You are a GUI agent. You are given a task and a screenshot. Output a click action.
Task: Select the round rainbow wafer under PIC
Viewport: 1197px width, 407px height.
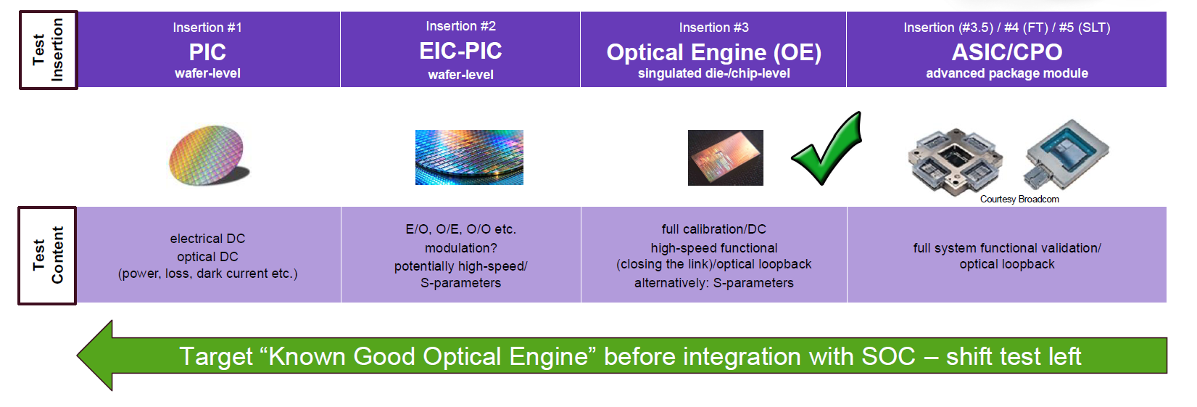click(x=207, y=156)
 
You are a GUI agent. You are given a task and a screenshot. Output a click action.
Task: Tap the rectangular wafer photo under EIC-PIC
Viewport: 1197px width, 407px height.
click(x=469, y=157)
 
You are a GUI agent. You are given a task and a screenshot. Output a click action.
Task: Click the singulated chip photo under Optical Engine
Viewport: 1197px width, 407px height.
click(x=725, y=157)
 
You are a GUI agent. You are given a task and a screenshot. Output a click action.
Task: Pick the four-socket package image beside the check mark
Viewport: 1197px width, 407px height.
click(x=955, y=161)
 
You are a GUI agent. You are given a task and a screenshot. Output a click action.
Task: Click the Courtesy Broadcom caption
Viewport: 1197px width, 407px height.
click(x=1019, y=199)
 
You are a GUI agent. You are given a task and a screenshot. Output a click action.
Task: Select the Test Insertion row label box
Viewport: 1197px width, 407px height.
click(x=49, y=50)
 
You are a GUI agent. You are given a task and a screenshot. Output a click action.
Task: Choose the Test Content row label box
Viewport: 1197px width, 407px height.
click(x=47, y=255)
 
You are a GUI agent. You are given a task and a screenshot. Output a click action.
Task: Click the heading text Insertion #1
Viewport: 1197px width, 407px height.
click(x=207, y=28)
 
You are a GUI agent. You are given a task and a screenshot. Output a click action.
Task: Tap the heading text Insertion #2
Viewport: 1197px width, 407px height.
click(x=460, y=25)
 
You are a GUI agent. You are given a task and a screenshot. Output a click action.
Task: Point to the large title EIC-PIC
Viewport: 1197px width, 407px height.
click(x=460, y=51)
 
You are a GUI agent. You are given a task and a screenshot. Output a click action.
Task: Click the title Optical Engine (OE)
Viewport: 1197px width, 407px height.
click(x=714, y=52)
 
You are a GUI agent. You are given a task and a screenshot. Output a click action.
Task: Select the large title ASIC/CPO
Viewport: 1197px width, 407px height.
click(x=1007, y=52)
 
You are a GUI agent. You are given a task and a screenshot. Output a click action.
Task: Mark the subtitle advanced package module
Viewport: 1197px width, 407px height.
click(x=1007, y=73)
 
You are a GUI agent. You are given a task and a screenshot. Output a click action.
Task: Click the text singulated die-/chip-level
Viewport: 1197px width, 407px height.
click(x=714, y=73)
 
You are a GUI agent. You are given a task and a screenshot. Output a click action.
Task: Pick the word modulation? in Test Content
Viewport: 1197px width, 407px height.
click(x=460, y=248)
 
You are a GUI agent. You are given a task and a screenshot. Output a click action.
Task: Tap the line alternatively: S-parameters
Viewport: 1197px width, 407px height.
click(x=714, y=283)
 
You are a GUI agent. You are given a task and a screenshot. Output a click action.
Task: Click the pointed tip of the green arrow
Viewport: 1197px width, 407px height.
click(x=78, y=355)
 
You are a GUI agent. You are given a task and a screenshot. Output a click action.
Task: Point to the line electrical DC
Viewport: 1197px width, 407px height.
click(x=207, y=239)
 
